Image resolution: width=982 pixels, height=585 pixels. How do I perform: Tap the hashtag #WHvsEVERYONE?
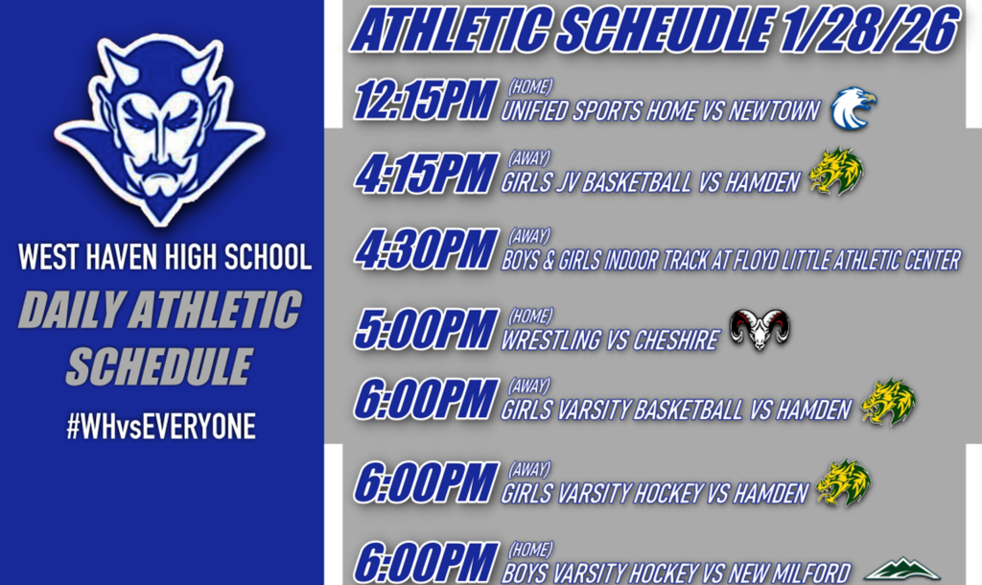[x=161, y=427]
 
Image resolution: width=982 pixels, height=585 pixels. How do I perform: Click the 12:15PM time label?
[x=425, y=101]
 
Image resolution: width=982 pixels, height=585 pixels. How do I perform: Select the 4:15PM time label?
[x=425, y=174]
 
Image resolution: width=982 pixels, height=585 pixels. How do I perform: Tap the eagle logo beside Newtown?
[x=853, y=108]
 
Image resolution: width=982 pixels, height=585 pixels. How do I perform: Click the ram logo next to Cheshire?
[x=760, y=329]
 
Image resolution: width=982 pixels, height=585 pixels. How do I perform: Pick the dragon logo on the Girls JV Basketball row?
[x=835, y=173]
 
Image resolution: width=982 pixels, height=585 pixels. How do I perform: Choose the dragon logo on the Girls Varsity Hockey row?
[x=843, y=483]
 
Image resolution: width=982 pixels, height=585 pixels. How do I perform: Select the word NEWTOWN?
[x=774, y=111]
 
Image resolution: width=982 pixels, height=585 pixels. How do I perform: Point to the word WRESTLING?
[x=549, y=340]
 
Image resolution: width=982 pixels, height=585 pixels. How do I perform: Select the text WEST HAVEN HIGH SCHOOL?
[x=165, y=257]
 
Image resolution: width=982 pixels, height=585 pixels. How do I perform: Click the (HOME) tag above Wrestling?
[x=529, y=315]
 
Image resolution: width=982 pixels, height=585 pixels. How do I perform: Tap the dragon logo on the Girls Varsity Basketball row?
[x=888, y=402]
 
